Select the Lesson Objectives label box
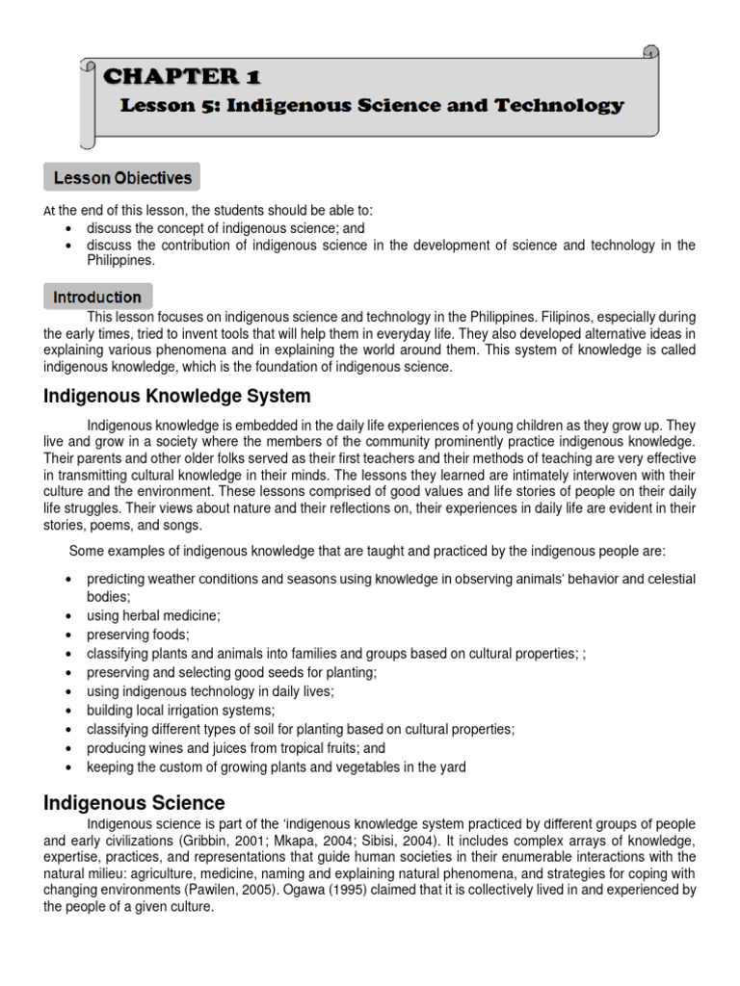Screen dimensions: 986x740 click(122, 178)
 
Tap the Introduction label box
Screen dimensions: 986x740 click(97, 297)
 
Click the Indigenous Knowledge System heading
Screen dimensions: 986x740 click(177, 396)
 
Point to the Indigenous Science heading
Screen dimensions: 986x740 click(134, 802)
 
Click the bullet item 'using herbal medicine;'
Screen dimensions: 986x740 click(153, 614)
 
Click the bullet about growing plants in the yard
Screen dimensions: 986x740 click(277, 766)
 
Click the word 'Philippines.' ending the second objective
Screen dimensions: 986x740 click(120, 260)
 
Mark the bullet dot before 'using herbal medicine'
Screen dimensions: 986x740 click(68, 615)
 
